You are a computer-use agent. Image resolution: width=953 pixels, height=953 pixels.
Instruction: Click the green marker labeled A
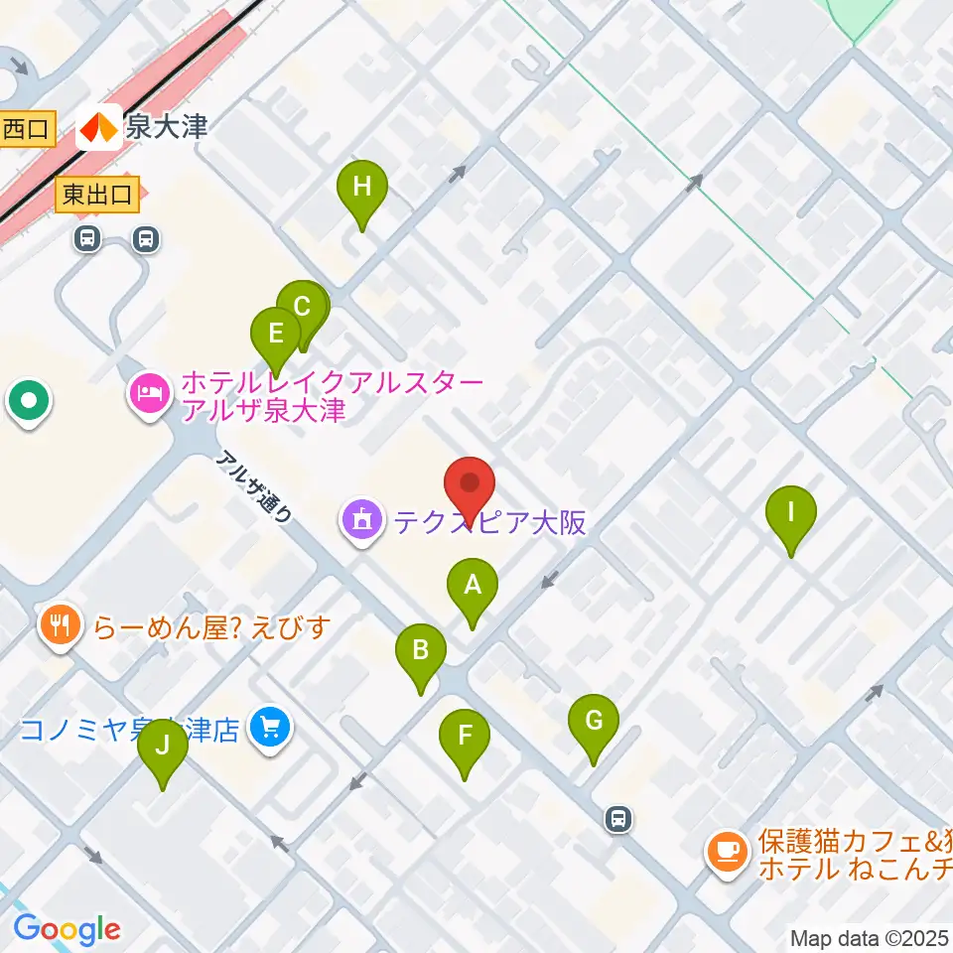(473, 586)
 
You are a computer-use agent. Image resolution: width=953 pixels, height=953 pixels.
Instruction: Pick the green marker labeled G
(594, 721)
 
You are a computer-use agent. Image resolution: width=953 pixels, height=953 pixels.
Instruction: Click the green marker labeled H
(361, 187)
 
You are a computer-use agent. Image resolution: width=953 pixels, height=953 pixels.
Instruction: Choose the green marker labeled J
(162, 746)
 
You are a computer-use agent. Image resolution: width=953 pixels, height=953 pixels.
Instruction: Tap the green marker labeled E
(276, 334)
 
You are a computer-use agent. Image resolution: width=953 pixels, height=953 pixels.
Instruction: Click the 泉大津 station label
(166, 127)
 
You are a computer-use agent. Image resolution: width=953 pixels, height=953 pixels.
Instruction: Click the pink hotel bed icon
(149, 394)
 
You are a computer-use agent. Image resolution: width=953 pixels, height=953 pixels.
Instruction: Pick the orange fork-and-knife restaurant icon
(62, 625)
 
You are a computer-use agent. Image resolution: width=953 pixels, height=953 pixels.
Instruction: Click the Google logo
(67, 929)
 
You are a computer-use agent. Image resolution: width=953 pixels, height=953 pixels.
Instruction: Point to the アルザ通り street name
(254, 486)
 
